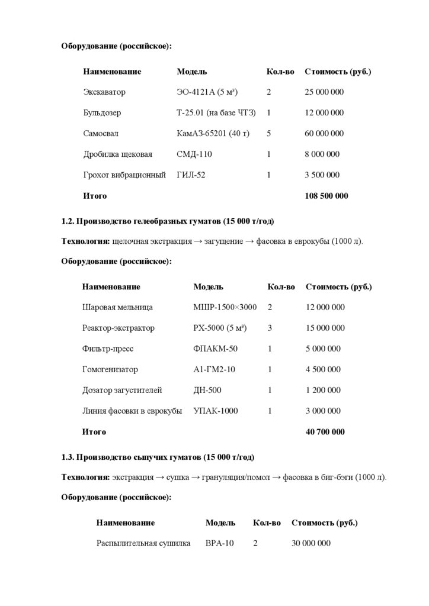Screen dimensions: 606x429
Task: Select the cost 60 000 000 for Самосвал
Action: pos(324,134)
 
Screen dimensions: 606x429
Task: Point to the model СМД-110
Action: pos(194,154)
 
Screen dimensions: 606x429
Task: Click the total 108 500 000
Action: pos(326,196)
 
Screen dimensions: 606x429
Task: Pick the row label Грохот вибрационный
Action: pos(124,175)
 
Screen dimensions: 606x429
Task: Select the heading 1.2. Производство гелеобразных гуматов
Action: pos(168,222)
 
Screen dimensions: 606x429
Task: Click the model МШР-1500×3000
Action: pos(225,308)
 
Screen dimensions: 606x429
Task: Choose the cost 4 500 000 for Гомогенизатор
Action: pos(323,370)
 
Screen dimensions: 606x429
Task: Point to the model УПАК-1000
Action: pos(216,411)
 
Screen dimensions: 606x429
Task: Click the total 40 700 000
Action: pos(325,432)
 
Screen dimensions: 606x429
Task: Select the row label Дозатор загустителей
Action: pos(122,391)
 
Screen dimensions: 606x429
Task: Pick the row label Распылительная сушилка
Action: pos(143,544)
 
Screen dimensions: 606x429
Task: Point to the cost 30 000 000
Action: pos(311,544)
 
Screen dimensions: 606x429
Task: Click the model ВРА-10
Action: pos(220,544)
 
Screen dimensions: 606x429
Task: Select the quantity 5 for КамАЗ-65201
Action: pos(269,134)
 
